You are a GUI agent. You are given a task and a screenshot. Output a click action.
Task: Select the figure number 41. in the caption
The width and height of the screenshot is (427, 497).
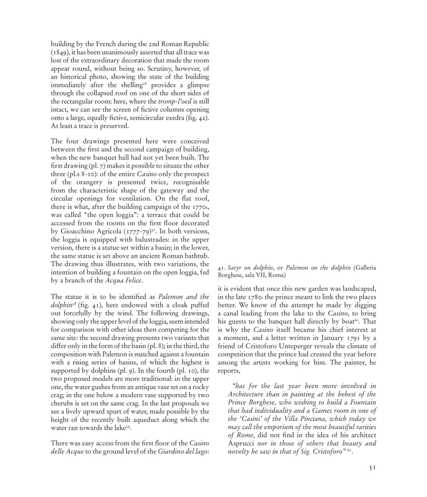pyautogui.click(x=221, y=267)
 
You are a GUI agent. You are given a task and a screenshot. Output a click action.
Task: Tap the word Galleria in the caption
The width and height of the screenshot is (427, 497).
pyautogui.click(x=365, y=267)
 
